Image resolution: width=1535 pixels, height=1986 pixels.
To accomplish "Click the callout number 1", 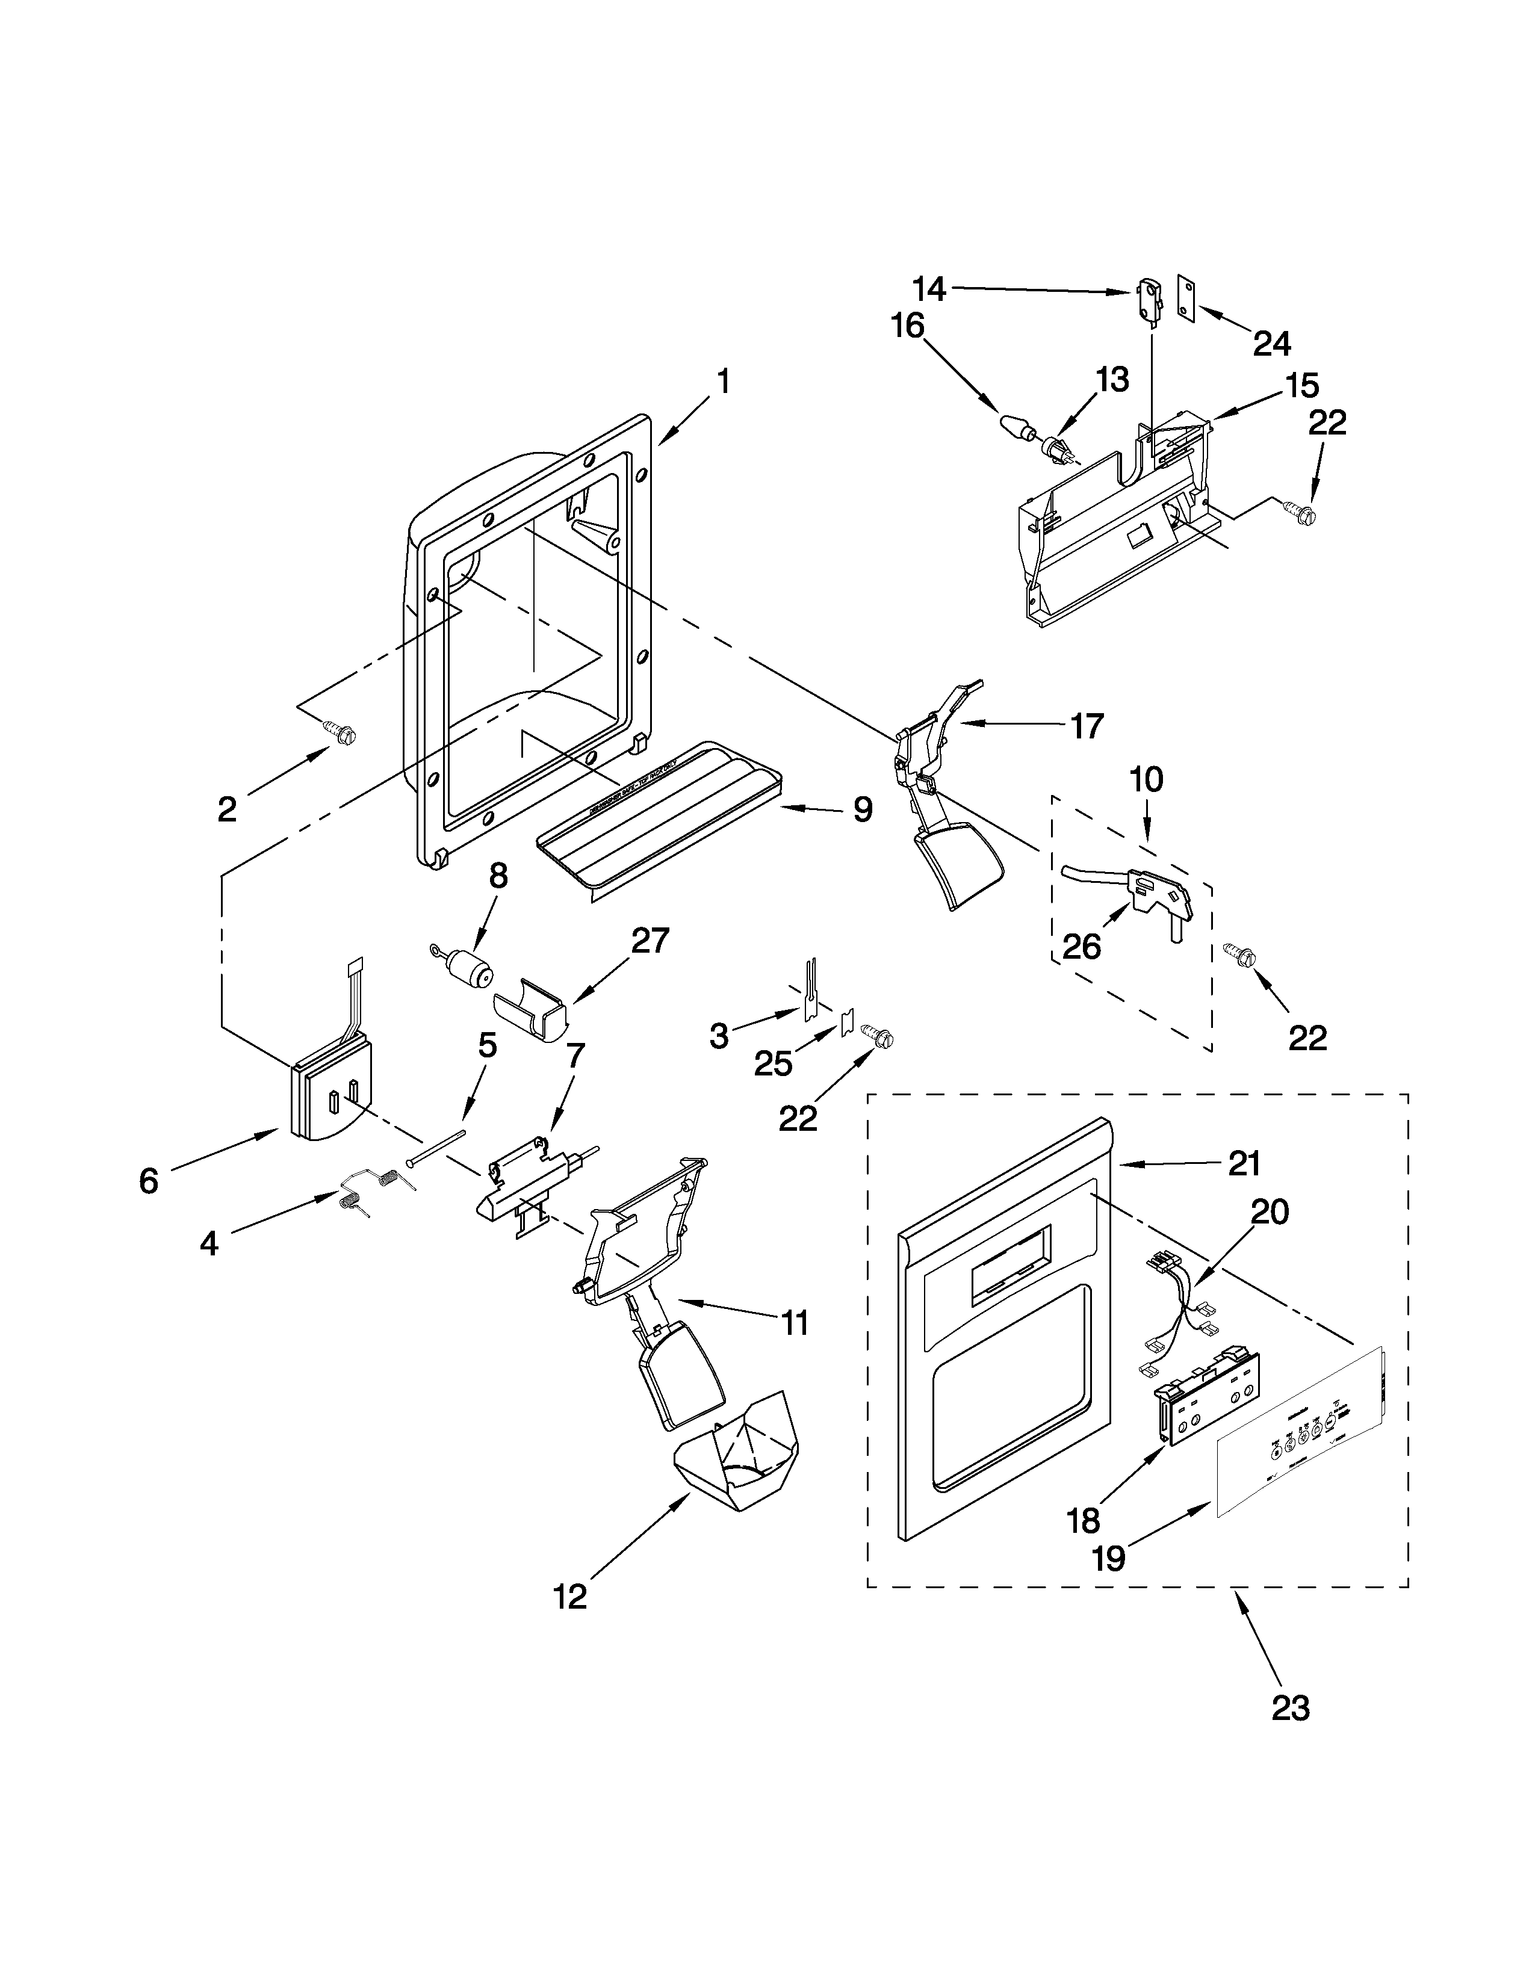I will point(723,382).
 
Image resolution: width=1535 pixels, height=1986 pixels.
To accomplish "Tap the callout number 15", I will point(1302,386).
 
